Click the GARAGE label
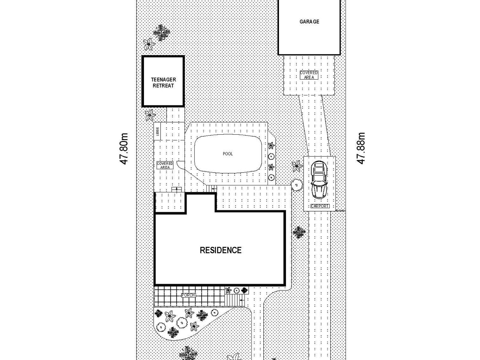click(x=309, y=22)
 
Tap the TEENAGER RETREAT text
click(x=163, y=82)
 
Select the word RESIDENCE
click(x=220, y=250)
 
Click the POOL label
click(x=228, y=154)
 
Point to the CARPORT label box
click(x=320, y=206)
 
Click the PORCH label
click(x=188, y=295)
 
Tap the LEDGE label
click(x=157, y=131)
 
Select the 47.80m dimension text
click(x=124, y=148)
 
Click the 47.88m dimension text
click(x=361, y=148)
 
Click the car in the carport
click(x=319, y=180)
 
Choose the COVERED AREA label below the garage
click(x=309, y=75)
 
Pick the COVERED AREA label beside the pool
click(x=165, y=165)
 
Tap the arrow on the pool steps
click(x=214, y=188)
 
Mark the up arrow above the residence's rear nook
click(x=177, y=189)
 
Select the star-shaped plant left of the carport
click(x=297, y=166)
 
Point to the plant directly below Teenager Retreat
click(x=150, y=115)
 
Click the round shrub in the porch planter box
click(x=236, y=290)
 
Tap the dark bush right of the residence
click(x=299, y=232)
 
